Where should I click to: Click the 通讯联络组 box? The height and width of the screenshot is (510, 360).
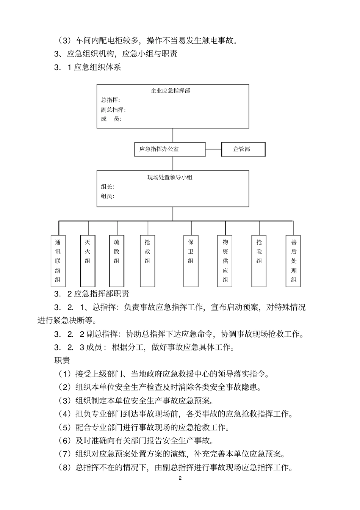pos(58,260)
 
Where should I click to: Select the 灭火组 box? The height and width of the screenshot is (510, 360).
pos(88,260)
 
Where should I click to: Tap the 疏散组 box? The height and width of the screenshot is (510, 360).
pos(116,260)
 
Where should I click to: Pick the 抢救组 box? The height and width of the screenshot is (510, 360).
pos(147,260)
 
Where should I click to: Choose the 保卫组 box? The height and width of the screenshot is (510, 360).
pos(191,260)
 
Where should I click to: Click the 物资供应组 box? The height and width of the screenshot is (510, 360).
pos(225,260)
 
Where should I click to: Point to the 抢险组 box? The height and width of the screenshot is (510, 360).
pos(259,260)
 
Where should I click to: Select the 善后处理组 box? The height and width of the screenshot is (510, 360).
pos(294,260)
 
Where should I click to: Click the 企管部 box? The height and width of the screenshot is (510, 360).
pos(243,149)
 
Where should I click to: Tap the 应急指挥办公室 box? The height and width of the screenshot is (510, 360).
pos(170,149)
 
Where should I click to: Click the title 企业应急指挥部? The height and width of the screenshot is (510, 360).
pos(171,91)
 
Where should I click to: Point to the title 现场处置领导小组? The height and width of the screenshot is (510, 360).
pos(170,177)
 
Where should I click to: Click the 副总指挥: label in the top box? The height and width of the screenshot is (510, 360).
pos(113,110)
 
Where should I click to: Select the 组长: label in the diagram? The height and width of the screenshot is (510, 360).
pos(108,187)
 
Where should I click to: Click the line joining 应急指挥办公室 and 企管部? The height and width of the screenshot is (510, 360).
pos(213,149)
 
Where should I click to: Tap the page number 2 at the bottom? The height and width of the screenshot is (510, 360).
pos(180,478)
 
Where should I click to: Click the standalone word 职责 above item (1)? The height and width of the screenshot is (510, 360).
pos(62,360)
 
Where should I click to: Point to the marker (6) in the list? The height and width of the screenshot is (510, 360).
pos(64,441)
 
